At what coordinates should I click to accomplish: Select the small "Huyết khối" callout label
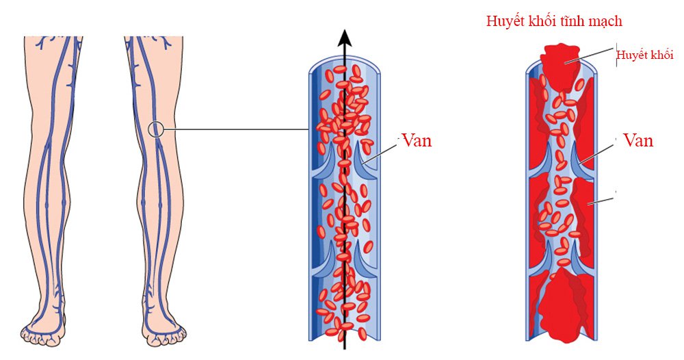(645, 55)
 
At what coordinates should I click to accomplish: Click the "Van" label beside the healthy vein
(417, 140)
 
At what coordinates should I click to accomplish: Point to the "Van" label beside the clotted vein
(638, 140)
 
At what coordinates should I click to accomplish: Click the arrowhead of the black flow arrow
(345, 38)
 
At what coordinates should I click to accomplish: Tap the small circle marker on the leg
(156, 129)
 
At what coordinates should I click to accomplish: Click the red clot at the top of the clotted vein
(561, 66)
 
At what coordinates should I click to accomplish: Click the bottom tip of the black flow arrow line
(345, 349)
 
